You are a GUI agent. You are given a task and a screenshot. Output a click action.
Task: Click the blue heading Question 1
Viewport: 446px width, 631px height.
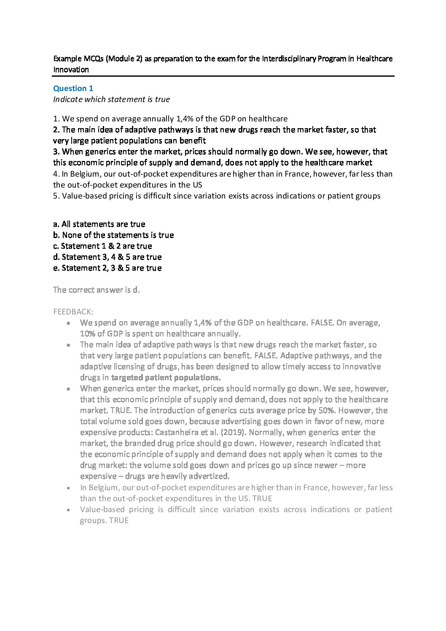click(x=73, y=89)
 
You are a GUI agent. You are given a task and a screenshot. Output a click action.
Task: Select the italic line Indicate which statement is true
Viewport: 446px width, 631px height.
click(x=111, y=99)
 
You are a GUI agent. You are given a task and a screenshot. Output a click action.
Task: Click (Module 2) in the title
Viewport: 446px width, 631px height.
click(x=124, y=59)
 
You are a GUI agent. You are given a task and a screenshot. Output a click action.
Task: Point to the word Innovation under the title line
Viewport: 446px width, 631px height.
click(x=71, y=70)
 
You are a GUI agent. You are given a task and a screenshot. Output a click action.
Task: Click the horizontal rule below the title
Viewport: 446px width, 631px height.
click(x=223, y=76)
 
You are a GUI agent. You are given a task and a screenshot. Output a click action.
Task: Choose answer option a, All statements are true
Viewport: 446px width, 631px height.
click(x=99, y=224)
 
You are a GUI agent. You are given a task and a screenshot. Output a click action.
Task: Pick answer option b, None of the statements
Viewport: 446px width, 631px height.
click(x=113, y=235)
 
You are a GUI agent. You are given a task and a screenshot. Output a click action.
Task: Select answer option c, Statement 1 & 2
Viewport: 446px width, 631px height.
click(x=102, y=246)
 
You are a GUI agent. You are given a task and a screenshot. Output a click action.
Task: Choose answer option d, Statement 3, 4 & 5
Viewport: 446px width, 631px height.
click(x=107, y=257)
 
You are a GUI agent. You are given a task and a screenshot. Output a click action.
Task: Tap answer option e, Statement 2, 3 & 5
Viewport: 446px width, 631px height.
click(x=107, y=268)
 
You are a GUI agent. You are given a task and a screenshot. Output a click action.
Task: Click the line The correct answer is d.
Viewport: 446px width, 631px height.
click(x=96, y=290)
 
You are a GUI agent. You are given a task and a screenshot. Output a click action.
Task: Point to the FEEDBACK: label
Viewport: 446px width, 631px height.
click(x=73, y=312)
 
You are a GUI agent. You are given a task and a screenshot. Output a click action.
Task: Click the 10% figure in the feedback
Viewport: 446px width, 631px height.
click(x=87, y=334)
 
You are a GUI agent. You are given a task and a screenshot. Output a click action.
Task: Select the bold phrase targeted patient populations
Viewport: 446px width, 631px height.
click(x=166, y=378)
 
